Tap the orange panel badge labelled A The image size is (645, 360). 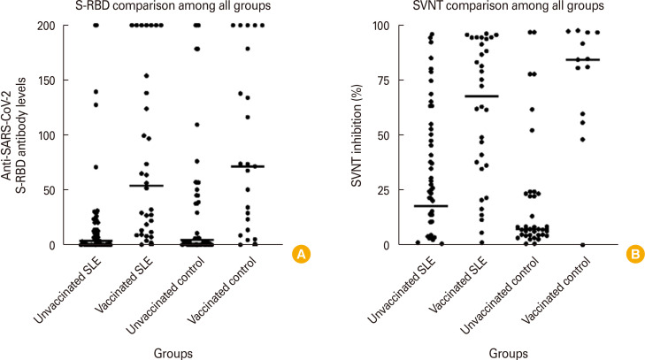tap(301, 255)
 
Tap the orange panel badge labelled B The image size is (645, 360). tap(633, 255)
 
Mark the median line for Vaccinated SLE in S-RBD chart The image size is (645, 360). tap(147, 186)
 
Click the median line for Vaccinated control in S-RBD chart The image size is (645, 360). tap(250, 166)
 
